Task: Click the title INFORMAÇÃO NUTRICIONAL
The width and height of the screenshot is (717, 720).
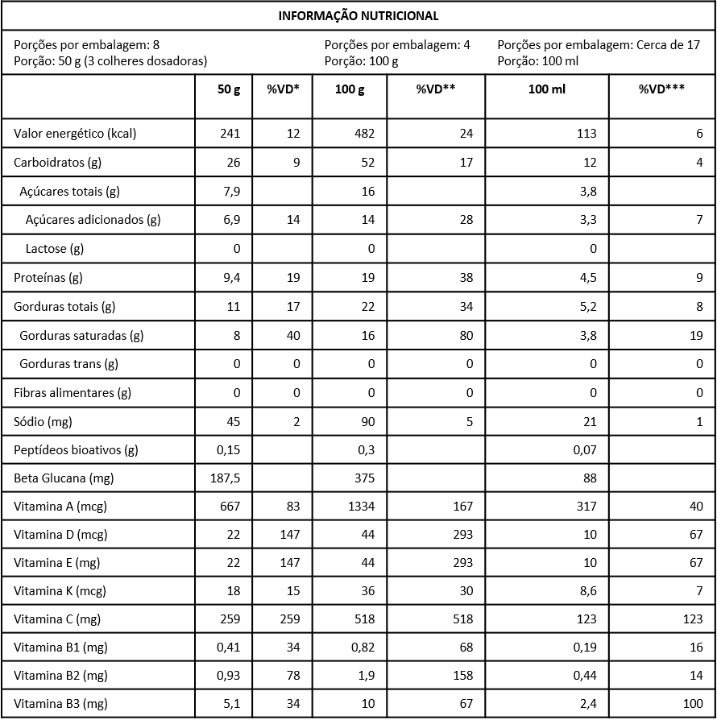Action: [358, 15]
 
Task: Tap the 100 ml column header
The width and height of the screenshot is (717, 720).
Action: [547, 89]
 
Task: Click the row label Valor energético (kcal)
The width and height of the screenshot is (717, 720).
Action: [75, 134]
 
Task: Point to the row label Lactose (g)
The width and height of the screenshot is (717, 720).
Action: [55, 249]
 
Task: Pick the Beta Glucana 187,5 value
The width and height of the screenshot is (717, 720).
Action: [225, 478]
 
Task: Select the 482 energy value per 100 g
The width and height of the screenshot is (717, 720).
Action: [366, 134]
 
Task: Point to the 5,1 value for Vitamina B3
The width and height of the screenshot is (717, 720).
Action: [232, 704]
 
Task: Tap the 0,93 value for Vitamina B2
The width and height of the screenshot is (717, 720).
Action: [228, 676]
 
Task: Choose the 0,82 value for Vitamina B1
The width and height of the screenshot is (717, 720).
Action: [363, 648]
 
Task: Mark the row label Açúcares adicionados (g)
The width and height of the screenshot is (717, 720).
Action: [93, 220]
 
